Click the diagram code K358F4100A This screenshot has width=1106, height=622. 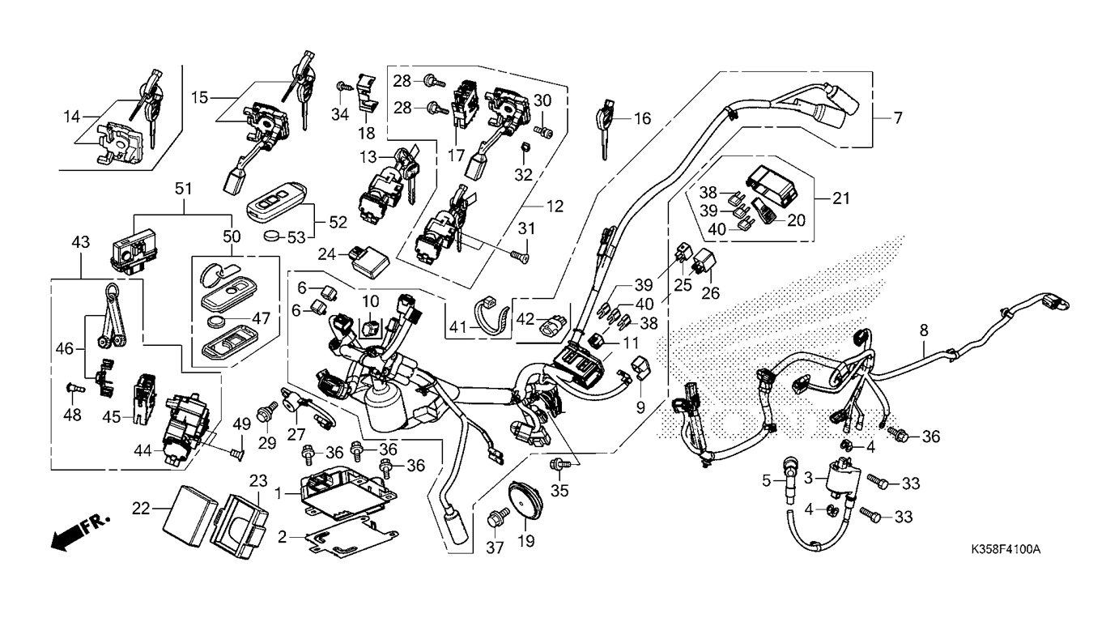1006,550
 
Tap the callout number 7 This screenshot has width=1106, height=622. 897,118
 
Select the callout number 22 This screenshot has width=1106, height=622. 142,508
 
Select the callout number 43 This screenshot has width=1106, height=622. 81,242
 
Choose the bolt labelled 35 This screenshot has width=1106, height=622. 557,464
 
